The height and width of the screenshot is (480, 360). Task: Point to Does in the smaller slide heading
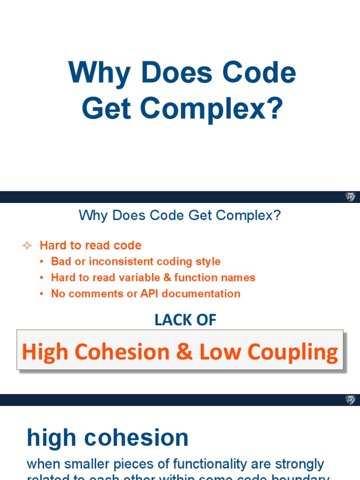(128, 216)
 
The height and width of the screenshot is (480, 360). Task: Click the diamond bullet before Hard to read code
(27, 246)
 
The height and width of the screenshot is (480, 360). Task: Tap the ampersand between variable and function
(167, 277)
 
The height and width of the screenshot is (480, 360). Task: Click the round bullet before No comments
(42, 294)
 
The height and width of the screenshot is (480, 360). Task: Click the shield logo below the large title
(350, 197)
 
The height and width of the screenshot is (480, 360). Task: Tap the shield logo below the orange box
(350, 400)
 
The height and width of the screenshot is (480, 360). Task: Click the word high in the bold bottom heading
(51, 438)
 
